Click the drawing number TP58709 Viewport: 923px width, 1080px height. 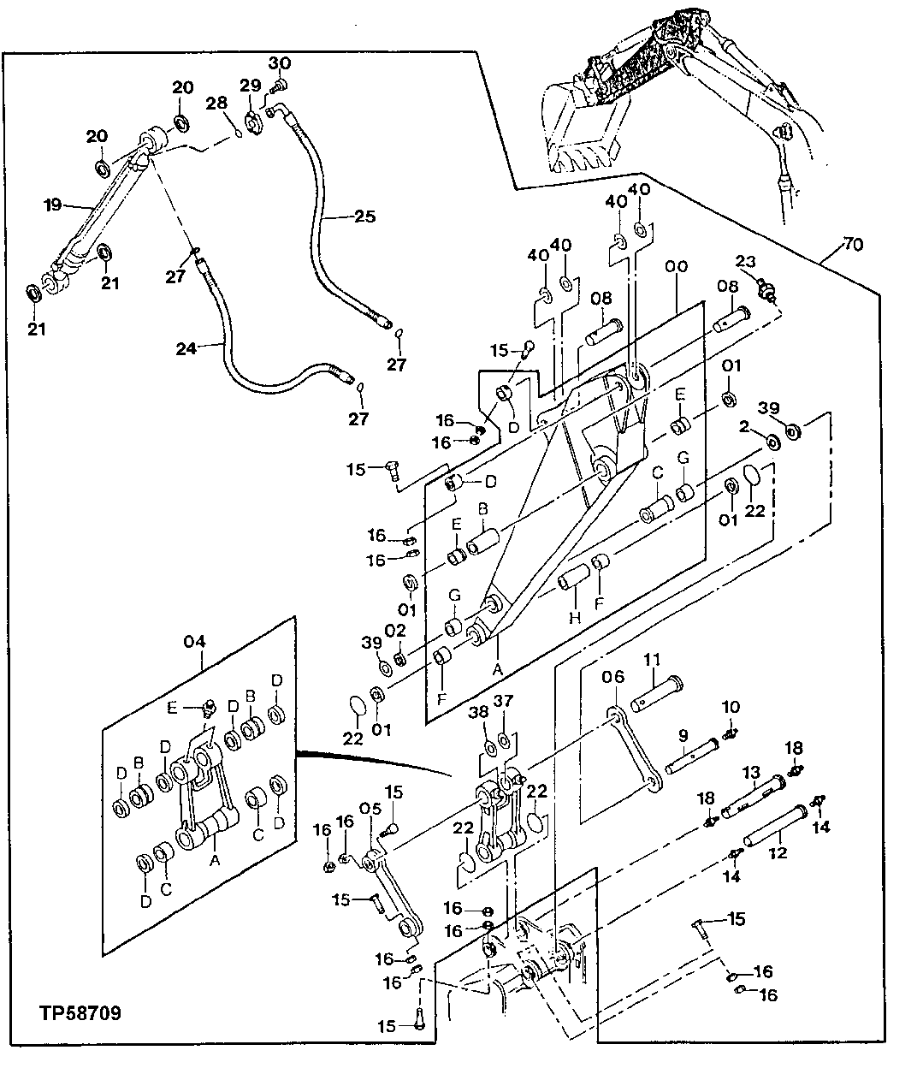point(80,1014)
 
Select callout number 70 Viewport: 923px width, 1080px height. point(853,245)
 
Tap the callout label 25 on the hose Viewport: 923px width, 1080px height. point(364,217)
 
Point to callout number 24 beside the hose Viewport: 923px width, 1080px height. point(186,348)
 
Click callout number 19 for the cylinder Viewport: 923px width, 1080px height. point(54,205)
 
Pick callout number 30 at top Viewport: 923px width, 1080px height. point(280,63)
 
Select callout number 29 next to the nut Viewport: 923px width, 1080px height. point(249,85)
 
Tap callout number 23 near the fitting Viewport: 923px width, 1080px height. point(746,263)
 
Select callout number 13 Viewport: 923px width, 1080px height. point(750,773)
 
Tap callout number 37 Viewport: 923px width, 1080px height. point(504,702)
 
